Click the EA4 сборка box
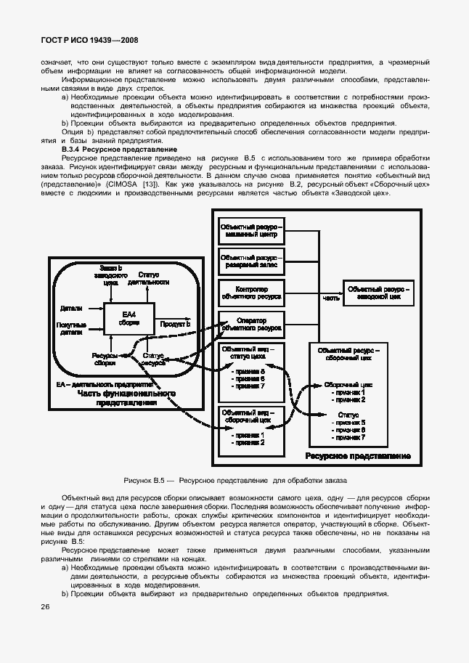(129, 317)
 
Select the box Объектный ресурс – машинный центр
(252, 232)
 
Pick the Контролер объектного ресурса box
(251, 293)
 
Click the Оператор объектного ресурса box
(251, 325)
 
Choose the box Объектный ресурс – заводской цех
(380, 293)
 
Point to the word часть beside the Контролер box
(330, 298)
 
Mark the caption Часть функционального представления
(127, 397)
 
